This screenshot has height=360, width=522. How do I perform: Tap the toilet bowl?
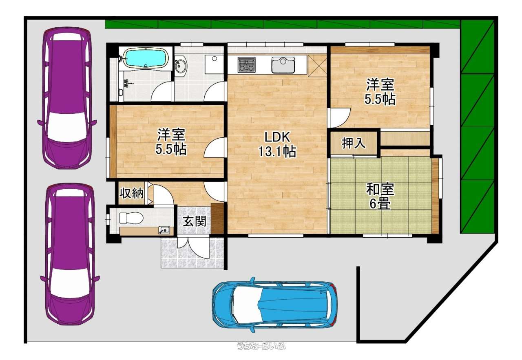pyautogui.click(x=131, y=218)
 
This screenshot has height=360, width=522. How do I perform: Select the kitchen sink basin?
pyautogui.click(x=283, y=65)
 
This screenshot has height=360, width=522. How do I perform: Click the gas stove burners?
pyautogui.click(x=246, y=64)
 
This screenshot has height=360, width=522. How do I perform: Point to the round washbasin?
pyautogui.click(x=180, y=66)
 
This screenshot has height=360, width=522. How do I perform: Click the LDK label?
pyautogui.click(x=277, y=137)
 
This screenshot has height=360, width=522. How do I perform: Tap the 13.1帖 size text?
pyautogui.click(x=277, y=151)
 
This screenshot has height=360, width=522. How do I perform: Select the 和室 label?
pyautogui.click(x=380, y=189)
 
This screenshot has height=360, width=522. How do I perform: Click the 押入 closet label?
pyautogui.click(x=354, y=143)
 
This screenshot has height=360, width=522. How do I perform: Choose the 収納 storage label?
pyautogui.click(x=132, y=193)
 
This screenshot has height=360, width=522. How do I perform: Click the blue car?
pyautogui.click(x=274, y=305)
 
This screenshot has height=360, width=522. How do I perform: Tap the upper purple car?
pyautogui.click(x=67, y=98)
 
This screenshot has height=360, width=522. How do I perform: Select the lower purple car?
pyautogui.click(x=70, y=254)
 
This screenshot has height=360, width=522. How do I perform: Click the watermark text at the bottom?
pyautogui.click(x=261, y=345)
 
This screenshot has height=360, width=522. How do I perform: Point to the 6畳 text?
pyautogui.click(x=380, y=204)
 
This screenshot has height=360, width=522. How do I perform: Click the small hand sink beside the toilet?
pyautogui.click(x=164, y=230)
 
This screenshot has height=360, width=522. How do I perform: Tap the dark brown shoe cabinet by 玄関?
pyautogui.click(x=217, y=218)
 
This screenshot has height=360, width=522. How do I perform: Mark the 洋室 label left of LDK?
pyautogui.click(x=171, y=135)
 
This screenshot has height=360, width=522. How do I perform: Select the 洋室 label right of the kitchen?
pyautogui.click(x=380, y=84)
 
